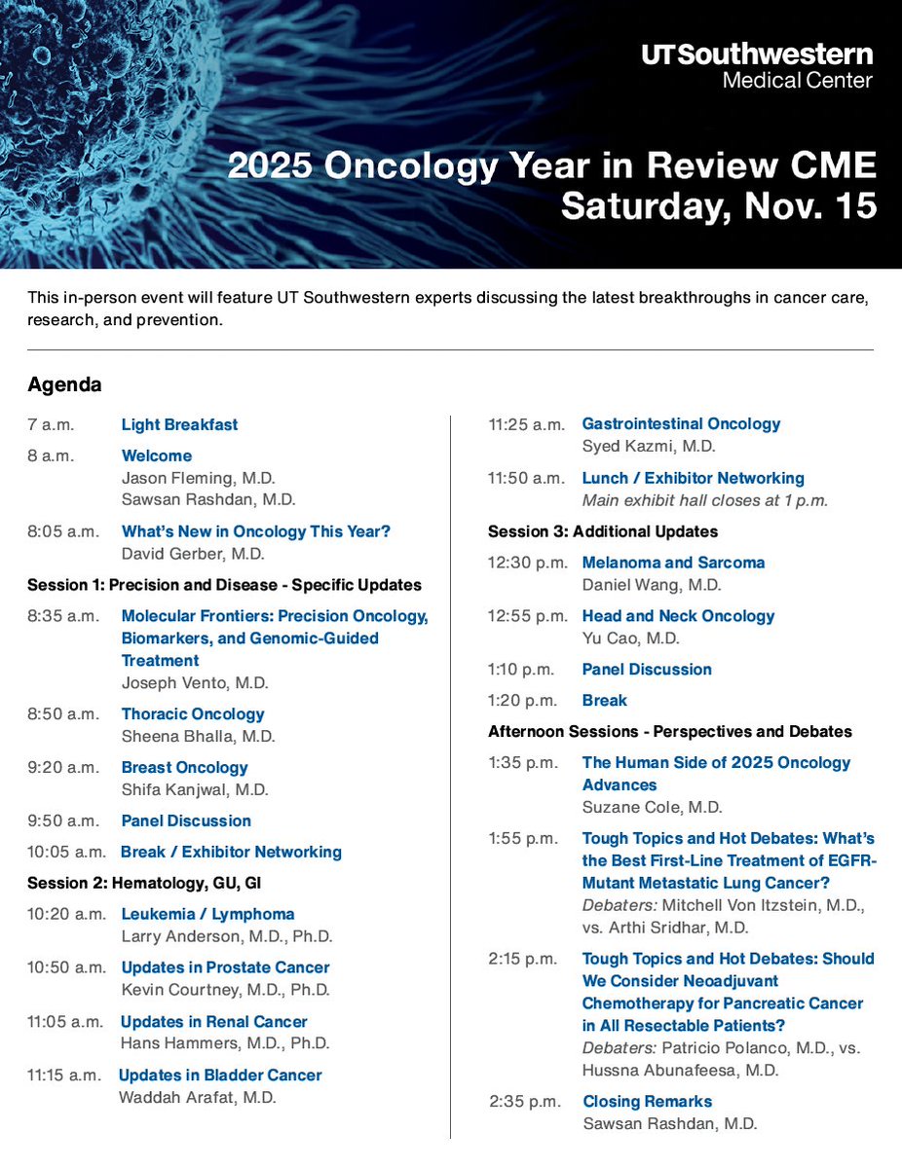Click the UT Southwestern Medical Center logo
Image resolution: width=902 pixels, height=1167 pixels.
757,65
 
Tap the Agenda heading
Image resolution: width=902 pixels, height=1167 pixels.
64,384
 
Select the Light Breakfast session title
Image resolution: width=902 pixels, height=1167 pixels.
179,424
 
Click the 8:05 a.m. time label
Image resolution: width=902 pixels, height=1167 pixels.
63,531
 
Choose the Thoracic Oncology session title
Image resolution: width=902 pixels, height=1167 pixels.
193,713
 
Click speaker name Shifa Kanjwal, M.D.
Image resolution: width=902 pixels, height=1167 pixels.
195,789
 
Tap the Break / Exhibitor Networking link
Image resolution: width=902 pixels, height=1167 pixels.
231,852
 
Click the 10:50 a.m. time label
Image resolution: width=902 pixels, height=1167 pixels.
66,967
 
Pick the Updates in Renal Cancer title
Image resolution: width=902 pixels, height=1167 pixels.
213,1021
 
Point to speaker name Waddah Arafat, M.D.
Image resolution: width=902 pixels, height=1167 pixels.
197,1097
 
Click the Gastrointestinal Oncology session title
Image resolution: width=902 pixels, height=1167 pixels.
681,423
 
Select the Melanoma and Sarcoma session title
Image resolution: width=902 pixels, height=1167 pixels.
673,563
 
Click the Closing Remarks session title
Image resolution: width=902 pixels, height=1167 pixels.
647,1101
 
